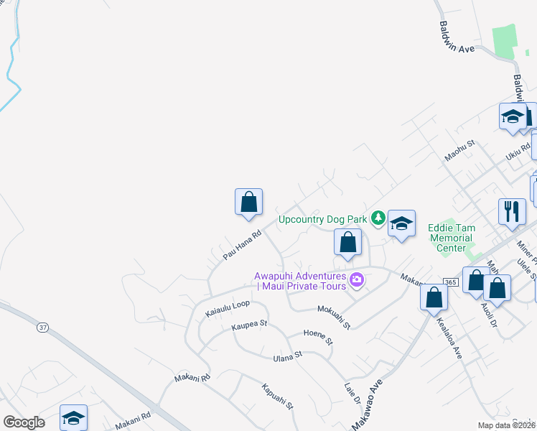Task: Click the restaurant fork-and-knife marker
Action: click(511, 211)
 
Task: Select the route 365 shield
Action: click(451, 282)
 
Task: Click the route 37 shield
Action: click(44, 328)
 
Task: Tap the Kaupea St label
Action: click(249, 325)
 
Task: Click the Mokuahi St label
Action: click(334, 315)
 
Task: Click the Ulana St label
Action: click(288, 356)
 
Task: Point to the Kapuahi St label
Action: click(278, 396)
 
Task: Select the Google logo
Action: click(24, 422)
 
